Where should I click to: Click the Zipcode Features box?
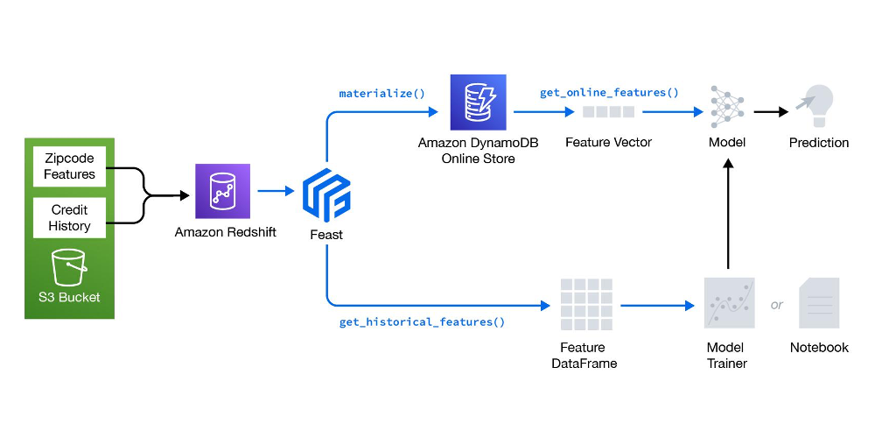click(x=69, y=166)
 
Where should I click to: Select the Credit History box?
click(x=69, y=218)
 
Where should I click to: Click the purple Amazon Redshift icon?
click(x=223, y=191)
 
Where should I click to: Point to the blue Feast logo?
click(x=326, y=193)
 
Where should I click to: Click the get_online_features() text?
click(x=609, y=92)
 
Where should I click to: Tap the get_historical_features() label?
click(x=422, y=321)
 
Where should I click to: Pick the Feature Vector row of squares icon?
click(x=608, y=112)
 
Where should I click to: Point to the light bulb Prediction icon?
click(x=815, y=106)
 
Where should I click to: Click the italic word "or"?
click(x=776, y=306)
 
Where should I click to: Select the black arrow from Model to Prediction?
click(x=770, y=112)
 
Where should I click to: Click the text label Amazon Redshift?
click(x=226, y=232)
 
